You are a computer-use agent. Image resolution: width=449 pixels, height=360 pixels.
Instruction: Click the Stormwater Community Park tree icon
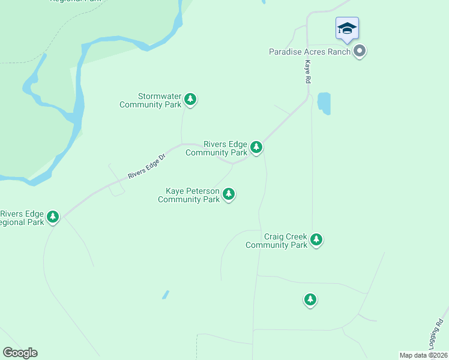click(190, 99)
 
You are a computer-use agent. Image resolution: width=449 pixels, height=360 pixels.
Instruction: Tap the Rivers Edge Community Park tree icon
click(256, 147)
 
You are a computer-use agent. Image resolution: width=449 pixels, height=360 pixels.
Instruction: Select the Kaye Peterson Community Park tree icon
click(228, 194)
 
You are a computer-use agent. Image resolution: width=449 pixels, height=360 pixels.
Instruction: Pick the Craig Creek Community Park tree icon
click(316, 240)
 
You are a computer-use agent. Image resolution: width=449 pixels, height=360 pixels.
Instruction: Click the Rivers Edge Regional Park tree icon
click(53, 216)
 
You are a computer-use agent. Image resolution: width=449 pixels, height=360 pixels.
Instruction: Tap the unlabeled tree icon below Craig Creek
click(310, 299)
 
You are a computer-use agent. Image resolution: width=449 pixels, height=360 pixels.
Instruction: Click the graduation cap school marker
click(347, 29)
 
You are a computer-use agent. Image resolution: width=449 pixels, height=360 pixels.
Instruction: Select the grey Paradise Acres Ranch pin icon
click(360, 51)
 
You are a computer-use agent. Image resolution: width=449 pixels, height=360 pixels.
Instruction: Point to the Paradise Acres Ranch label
click(309, 52)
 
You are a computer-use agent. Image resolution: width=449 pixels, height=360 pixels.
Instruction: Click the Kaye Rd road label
click(307, 71)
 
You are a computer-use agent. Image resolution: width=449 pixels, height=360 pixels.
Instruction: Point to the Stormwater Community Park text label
click(151, 100)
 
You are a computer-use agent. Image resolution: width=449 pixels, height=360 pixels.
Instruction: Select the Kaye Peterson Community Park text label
click(188, 195)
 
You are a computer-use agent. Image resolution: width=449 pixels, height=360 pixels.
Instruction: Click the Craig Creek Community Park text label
click(277, 241)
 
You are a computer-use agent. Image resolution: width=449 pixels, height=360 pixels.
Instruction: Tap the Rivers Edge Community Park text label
click(217, 148)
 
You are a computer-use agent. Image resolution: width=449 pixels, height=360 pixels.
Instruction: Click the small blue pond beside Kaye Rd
click(324, 103)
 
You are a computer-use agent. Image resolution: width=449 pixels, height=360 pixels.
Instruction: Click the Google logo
click(20, 353)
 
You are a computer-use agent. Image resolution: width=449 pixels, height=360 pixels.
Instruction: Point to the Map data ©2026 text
click(423, 355)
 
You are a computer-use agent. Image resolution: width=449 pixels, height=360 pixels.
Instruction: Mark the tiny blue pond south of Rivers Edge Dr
click(165, 295)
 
